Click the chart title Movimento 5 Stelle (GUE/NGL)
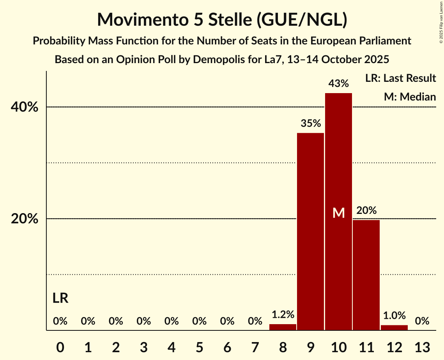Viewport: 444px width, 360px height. (x=222, y=19)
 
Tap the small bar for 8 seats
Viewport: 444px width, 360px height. (x=283, y=327)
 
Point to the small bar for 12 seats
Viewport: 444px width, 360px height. (x=394, y=328)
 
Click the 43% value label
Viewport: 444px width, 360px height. (x=338, y=83)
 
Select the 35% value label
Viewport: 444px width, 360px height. (x=311, y=124)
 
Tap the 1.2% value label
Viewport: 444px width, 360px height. (x=283, y=314)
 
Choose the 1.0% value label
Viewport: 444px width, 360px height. (x=394, y=315)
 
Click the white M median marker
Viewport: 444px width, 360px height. (x=339, y=213)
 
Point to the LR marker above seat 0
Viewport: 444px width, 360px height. (x=60, y=298)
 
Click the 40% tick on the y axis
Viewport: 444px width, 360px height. (x=24, y=107)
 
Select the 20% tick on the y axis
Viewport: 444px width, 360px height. (x=24, y=219)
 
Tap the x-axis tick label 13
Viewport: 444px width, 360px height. (x=422, y=347)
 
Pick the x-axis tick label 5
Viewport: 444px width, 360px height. (x=199, y=347)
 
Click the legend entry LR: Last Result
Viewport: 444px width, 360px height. (x=400, y=78)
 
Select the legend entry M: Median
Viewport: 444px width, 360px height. (x=410, y=97)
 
